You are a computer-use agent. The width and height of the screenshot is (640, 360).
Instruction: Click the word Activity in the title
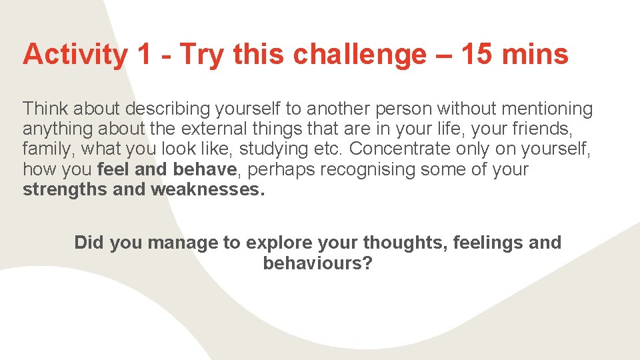point(74,55)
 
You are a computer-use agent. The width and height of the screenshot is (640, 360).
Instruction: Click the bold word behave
point(205,169)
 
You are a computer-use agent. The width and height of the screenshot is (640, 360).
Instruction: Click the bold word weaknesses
point(208,189)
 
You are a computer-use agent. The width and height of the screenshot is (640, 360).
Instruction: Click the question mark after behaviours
point(367,263)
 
